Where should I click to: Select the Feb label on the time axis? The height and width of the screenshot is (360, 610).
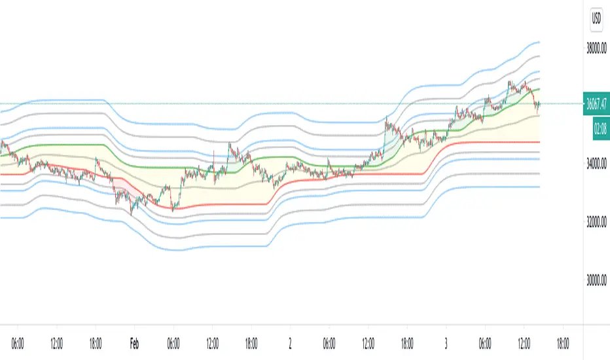(134, 342)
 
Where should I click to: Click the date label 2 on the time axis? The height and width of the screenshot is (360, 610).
(290, 342)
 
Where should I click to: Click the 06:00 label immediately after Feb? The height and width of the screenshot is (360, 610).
(173, 342)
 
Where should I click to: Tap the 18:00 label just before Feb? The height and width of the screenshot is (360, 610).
(96, 342)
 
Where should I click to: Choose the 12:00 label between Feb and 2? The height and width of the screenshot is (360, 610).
(212, 342)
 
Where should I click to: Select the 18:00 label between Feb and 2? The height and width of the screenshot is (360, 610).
(251, 342)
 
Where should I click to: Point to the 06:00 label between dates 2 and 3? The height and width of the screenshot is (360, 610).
(329, 342)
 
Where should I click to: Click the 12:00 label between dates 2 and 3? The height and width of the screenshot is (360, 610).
(368, 342)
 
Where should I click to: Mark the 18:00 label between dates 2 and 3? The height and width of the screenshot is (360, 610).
(407, 342)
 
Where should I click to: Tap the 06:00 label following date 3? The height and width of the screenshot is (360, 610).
(485, 342)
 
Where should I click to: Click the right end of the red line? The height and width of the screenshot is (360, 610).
(539, 142)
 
